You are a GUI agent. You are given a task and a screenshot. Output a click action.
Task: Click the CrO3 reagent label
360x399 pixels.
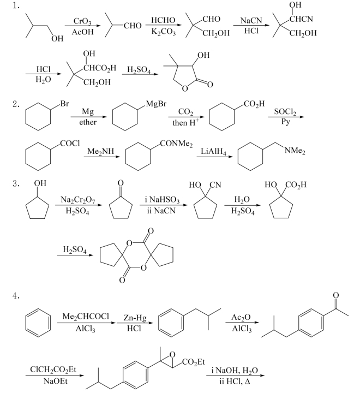point(82,21)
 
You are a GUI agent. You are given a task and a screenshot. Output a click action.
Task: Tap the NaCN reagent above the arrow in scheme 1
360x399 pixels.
point(251,20)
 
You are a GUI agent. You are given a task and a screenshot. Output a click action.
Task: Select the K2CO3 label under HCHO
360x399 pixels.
point(164,32)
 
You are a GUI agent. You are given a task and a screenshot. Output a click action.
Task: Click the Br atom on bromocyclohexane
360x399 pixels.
point(64,104)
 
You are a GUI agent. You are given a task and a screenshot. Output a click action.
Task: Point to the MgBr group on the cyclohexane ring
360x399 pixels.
point(157,104)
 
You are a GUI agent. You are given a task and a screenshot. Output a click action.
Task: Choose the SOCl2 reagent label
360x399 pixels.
point(285,111)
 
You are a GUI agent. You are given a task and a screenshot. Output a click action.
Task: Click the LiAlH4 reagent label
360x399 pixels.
point(214,151)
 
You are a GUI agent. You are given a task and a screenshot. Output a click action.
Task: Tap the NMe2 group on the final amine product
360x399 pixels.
point(295,151)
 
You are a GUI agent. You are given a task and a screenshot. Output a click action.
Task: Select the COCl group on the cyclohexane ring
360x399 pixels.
point(70,143)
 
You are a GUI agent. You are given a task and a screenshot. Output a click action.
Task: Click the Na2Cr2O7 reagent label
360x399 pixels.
point(78,200)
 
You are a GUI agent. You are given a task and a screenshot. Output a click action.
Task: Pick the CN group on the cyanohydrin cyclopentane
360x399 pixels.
point(215,184)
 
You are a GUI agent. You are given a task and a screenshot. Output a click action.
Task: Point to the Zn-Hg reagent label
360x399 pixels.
point(135,318)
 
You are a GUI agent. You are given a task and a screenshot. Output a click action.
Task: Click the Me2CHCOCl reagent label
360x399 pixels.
point(86,316)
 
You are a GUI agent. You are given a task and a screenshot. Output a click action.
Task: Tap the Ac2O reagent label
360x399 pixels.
point(241,317)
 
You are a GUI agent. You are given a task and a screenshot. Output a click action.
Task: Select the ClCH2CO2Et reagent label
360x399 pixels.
point(53,370)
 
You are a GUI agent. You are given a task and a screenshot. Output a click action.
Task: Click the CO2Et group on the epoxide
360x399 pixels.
point(194,362)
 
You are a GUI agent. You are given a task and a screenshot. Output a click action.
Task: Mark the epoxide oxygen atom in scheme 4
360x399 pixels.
point(172,354)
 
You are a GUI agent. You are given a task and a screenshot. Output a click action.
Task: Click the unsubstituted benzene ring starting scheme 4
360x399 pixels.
point(38,323)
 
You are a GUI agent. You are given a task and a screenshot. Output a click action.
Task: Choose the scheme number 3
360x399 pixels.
point(16,183)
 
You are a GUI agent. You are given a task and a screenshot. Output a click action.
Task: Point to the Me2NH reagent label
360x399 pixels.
point(101,151)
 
